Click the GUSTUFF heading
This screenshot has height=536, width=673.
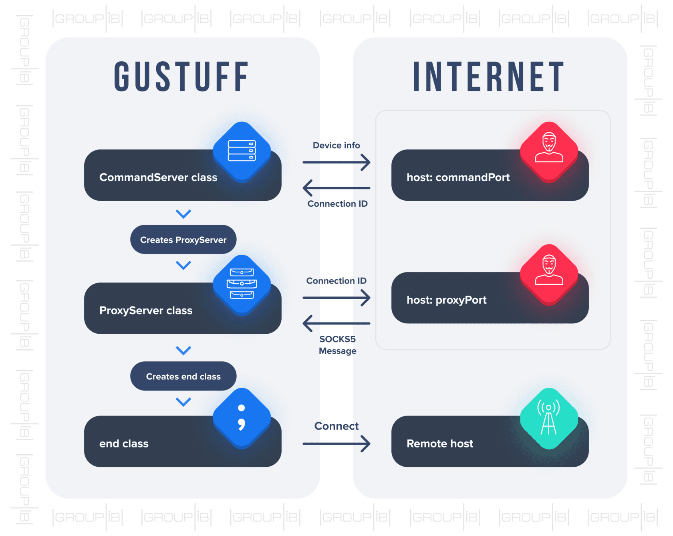pos(181,77)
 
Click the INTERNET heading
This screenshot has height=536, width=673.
pos(489,77)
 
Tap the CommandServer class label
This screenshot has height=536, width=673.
pos(158,177)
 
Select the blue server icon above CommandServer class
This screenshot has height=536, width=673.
pos(242,151)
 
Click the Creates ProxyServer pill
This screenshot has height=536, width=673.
pos(183,240)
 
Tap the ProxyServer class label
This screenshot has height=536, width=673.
pos(146,310)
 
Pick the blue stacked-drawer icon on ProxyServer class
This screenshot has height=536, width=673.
pos(242,284)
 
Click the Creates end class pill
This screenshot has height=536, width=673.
pos(183,376)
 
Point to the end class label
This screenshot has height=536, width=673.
pos(124,443)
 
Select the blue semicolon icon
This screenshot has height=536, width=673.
pos(242,417)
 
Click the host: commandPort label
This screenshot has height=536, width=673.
pos(458,177)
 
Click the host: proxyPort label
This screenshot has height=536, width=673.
pos(446,300)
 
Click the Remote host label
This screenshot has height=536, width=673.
pos(440,443)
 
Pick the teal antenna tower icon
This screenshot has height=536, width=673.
pos(549,418)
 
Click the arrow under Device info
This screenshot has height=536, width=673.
pos(336,162)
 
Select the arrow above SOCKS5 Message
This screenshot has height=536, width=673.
pos(336,323)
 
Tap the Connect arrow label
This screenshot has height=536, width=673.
pos(336,426)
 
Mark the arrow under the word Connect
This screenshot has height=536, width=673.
pos(336,443)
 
